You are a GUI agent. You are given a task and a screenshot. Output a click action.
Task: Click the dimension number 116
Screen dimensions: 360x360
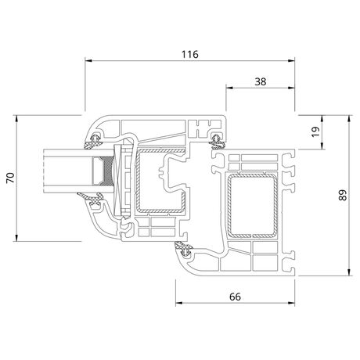[x=190, y=54]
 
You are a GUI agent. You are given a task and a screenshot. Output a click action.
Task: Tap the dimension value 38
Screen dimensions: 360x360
[x=261, y=81]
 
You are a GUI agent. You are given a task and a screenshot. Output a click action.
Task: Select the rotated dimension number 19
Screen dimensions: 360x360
[x=315, y=131]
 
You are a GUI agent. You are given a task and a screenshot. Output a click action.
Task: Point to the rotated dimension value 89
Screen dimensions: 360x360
[x=343, y=195]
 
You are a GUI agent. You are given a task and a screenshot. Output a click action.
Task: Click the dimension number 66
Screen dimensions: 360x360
[x=235, y=297]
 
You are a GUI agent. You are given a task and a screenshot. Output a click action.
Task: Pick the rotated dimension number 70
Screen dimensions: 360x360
[x=11, y=178]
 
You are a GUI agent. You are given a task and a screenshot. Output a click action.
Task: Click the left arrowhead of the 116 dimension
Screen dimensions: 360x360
[x=88, y=61]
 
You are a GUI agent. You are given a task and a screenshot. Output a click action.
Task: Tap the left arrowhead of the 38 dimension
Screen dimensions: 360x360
[x=229, y=88]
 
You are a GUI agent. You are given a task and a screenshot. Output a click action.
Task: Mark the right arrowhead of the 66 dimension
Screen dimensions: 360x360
[x=291, y=303]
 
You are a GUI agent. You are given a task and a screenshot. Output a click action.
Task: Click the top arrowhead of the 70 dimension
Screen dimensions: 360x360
[x=16, y=118]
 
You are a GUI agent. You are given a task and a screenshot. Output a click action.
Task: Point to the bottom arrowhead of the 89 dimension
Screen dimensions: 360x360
[x=349, y=272]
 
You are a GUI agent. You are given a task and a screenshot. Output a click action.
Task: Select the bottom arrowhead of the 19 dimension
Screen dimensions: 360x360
[x=322, y=146]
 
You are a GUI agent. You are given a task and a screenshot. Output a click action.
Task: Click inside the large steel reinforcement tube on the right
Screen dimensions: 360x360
[x=252, y=206]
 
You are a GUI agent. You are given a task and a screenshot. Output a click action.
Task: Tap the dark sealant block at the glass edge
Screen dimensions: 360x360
[x=108, y=171]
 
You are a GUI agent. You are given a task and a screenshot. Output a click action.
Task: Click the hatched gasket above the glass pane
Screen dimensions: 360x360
[x=92, y=142]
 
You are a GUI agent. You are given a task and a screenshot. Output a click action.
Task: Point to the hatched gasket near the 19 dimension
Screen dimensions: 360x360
[x=217, y=141]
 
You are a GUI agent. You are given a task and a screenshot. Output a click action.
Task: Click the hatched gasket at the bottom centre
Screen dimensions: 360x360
[x=184, y=248]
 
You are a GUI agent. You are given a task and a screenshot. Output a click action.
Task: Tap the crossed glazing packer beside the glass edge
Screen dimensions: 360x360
[x=118, y=180]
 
